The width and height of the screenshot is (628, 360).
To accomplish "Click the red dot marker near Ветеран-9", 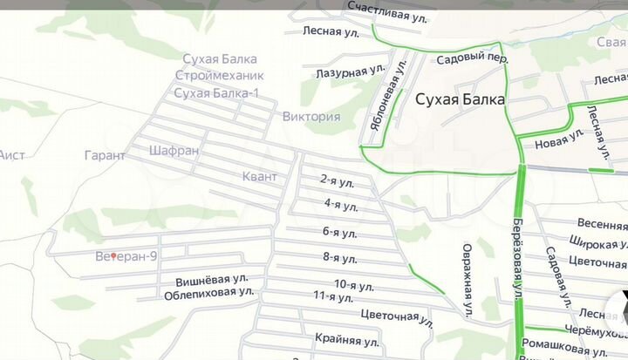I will pos(114,256).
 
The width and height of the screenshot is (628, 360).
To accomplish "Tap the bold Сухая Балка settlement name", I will pos(460,99).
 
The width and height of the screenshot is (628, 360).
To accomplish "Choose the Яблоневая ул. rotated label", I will pos(388,97).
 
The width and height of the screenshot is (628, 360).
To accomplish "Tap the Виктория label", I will pos(311,117).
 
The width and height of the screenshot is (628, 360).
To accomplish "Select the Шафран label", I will pos(174,150).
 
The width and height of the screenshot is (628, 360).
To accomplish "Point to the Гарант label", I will pos(105,155).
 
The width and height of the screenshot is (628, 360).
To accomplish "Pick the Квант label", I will pos(259,177).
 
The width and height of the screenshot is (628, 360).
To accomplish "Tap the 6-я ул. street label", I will pos(340,232).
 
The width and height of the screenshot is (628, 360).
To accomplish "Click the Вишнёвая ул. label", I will pos(212,281).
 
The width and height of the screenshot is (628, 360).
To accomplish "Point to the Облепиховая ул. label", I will pos(209,295).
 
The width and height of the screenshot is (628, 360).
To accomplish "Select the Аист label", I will pos(11,155).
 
